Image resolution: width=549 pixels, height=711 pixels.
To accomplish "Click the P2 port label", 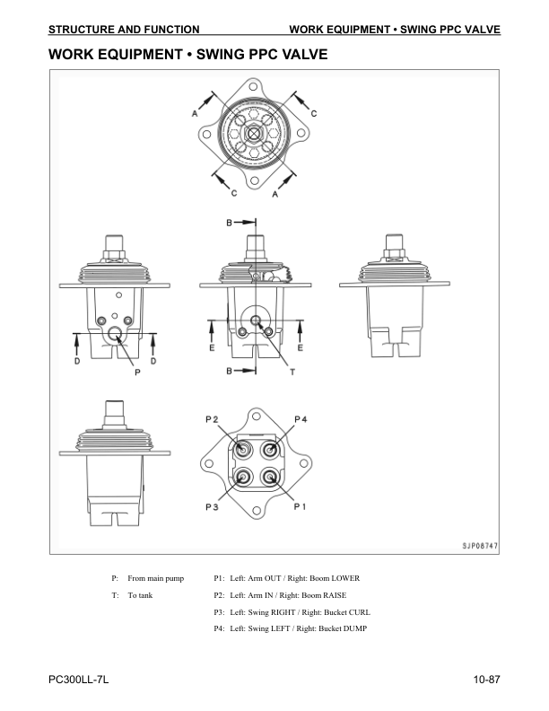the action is click(212, 419).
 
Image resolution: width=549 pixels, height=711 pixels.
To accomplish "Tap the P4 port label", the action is click(301, 419).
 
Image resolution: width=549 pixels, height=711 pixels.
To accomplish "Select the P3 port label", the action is click(212, 506).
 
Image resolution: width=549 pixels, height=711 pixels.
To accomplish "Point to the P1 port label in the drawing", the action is click(300, 506).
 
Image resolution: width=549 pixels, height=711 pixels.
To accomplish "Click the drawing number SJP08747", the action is click(480, 546).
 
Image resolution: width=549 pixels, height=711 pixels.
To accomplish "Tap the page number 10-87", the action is click(486, 680).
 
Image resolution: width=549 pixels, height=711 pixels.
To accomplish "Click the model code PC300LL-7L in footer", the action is click(78, 680).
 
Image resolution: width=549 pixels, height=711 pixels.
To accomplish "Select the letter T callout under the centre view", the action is click(292, 372).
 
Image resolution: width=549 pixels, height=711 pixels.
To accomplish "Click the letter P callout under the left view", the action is click(138, 373).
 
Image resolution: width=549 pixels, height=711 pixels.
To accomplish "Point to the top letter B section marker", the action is click(230, 223).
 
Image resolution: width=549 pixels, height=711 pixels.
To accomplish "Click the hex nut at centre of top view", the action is click(254, 135).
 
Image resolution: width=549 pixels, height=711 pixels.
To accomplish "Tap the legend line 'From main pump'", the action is click(156, 578).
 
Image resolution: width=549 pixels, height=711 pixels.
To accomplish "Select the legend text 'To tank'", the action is click(140, 595).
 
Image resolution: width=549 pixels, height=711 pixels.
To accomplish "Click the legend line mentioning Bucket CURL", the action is click(292, 612).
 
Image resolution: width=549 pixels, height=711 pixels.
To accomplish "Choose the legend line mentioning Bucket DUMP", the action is click(291, 628).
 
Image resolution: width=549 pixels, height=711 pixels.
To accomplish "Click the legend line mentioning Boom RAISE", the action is click(280, 595).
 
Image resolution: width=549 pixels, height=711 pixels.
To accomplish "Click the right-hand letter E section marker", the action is click(300, 347).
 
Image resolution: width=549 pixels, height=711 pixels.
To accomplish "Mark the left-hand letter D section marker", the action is click(77, 362).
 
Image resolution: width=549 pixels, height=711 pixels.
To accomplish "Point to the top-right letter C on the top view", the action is click(314, 113).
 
